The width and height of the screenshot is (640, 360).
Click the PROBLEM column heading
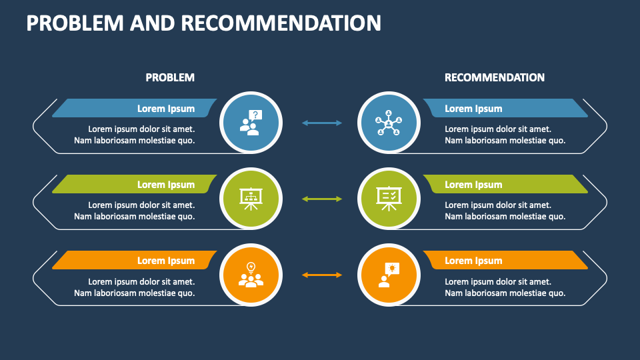(x=170, y=77)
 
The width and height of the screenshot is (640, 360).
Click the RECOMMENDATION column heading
(x=494, y=77)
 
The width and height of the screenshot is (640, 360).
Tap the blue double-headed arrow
(x=322, y=123)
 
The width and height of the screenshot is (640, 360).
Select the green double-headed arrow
(x=322, y=199)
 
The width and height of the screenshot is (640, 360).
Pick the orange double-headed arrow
(x=322, y=275)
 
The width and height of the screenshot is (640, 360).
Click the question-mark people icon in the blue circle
(x=251, y=123)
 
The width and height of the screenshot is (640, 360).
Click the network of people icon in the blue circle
(x=388, y=123)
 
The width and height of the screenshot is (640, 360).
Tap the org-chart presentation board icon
(x=251, y=198)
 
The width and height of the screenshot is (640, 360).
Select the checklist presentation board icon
(x=388, y=198)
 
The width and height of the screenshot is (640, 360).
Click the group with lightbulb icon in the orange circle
(x=251, y=275)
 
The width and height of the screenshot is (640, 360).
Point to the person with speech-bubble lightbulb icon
(x=388, y=275)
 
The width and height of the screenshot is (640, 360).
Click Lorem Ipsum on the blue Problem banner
(x=166, y=109)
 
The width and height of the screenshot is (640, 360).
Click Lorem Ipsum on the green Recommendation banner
(x=473, y=185)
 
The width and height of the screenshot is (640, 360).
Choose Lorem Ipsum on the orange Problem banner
(x=166, y=261)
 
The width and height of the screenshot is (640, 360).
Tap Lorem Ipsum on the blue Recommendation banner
(x=473, y=109)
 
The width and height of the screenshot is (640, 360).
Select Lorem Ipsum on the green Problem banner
(x=166, y=185)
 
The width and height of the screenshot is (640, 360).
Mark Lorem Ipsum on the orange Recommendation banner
(x=473, y=261)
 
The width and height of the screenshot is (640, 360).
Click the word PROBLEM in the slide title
(x=75, y=23)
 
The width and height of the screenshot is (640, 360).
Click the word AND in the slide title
(x=153, y=23)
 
